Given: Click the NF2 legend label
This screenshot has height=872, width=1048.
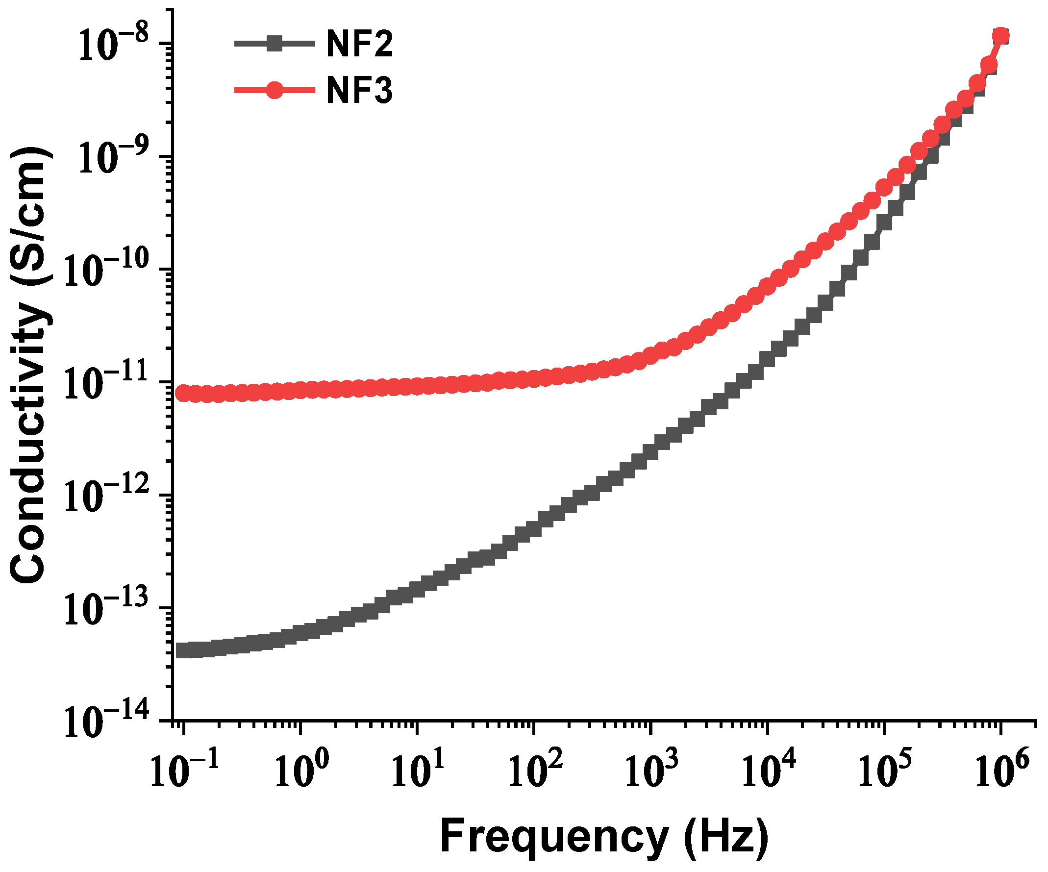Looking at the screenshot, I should pos(359,45).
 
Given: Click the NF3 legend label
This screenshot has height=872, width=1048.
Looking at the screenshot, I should pos(359,91).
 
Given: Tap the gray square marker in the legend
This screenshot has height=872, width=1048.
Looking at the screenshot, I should pos(274,45).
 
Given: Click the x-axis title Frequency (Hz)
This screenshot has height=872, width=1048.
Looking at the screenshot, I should pos(604,838).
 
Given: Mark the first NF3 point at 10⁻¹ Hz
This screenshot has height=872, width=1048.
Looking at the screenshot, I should pos(184,393).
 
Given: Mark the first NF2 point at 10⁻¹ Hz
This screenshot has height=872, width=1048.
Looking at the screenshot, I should pos(184,651).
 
